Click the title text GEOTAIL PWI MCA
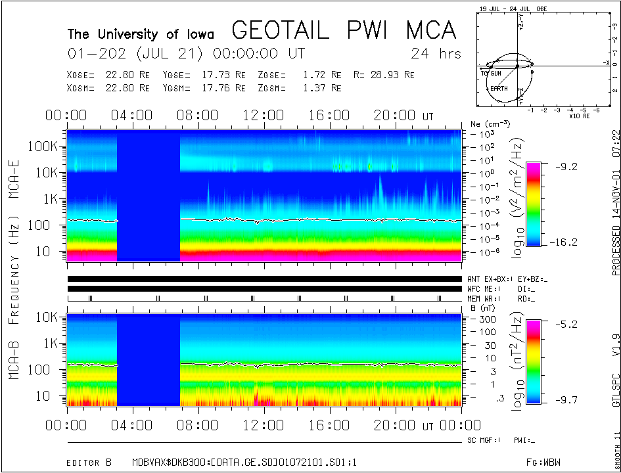[344, 31]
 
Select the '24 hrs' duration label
[436, 54]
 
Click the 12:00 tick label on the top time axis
[262, 116]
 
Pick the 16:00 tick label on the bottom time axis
[328, 426]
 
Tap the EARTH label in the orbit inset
[499, 88]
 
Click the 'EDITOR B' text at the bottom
[89, 462]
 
